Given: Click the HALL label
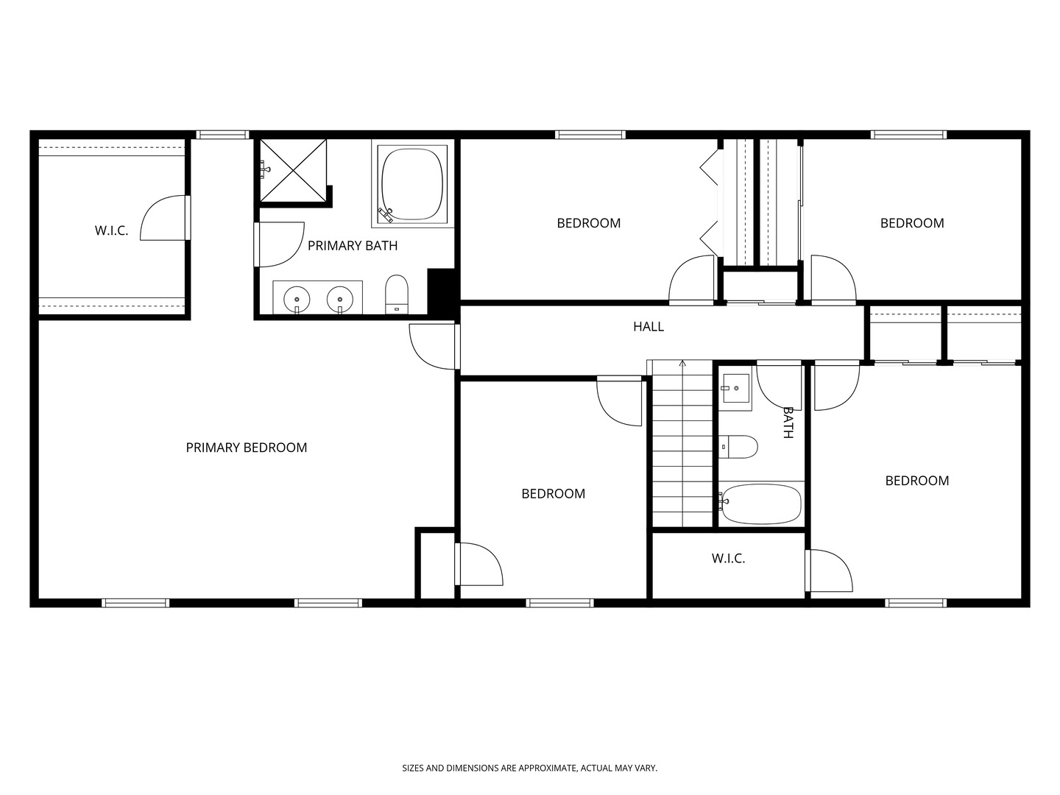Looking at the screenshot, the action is tap(648, 327).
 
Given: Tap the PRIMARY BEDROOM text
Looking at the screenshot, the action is tap(247, 448).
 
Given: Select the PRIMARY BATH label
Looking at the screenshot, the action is tap(353, 246).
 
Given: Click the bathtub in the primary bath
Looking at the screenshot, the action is tap(412, 184).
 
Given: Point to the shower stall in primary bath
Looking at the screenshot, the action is tap(294, 170).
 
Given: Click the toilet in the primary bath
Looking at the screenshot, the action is tap(397, 294).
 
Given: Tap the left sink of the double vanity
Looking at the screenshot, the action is tap(297, 300).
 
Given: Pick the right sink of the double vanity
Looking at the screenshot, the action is tap(340, 300).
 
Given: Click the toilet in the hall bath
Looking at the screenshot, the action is tap(738, 447).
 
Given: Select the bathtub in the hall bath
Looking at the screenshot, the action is tap(760, 504).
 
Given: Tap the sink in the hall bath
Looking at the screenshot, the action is tap(735, 388).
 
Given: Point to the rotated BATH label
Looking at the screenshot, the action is tap(788, 423).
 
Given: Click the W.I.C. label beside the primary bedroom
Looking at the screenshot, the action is tap(112, 230).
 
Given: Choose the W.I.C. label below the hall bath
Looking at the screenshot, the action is tap(728, 559).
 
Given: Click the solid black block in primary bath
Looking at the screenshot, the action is tap(442, 292).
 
